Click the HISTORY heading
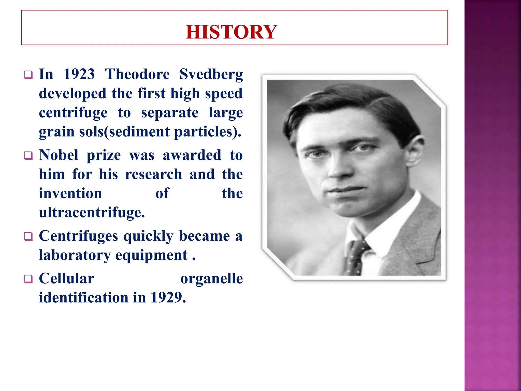(x=231, y=32)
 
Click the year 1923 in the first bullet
(x=79, y=74)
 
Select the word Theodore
(x=137, y=74)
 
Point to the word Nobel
(x=59, y=155)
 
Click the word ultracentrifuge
(x=92, y=212)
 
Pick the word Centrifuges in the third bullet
(x=78, y=236)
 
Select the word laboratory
(x=75, y=255)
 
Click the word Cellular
(x=66, y=278)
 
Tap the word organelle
(x=211, y=278)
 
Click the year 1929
(x=168, y=297)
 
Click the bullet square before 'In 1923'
(x=28, y=75)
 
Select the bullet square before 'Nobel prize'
(x=28, y=156)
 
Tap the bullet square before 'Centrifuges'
(x=28, y=236)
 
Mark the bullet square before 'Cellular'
(x=28, y=279)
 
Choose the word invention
(x=70, y=193)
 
